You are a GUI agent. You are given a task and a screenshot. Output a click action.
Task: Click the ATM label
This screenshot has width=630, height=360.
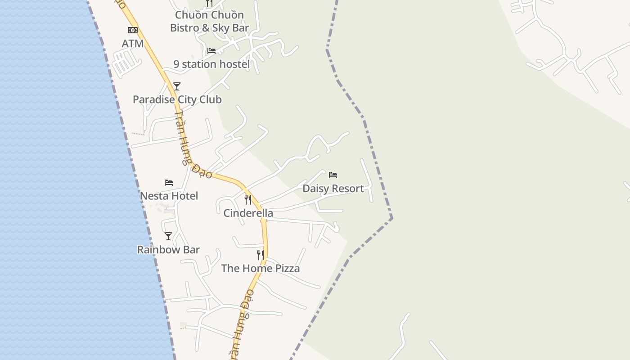(x=133, y=44)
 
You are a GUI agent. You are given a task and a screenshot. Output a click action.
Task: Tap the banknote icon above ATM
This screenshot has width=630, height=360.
(x=133, y=30)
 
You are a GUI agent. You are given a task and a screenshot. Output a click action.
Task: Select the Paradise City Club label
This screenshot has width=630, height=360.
(x=177, y=99)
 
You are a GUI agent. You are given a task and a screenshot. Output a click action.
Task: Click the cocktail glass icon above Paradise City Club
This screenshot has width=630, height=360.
(x=177, y=86)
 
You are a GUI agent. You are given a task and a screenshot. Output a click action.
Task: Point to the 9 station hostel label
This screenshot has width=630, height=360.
(x=211, y=64)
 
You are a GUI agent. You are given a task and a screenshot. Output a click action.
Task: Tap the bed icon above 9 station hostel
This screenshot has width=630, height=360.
(x=211, y=51)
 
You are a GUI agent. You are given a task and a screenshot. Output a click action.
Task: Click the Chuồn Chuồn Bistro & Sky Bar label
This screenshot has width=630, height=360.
(x=210, y=21)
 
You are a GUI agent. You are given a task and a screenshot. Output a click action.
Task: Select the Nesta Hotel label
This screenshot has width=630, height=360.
(x=169, y=196)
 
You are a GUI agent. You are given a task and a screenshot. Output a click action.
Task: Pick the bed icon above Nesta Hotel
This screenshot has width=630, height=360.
(x=169, y=182)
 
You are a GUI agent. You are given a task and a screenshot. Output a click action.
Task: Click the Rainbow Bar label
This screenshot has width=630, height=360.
(x=168, y=250)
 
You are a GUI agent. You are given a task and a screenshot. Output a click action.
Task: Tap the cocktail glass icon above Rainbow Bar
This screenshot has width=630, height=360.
(x=168, y=236)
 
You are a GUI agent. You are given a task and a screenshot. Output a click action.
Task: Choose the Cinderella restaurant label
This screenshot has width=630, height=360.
(x=248, y=213)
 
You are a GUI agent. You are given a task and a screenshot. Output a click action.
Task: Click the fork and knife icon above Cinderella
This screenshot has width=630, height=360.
(x=248, y=199)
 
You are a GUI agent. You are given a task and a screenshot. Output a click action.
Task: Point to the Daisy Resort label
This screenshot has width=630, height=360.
(x=333, y=189)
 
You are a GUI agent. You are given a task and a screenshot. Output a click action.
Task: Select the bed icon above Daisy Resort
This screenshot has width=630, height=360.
(x=333, y=175)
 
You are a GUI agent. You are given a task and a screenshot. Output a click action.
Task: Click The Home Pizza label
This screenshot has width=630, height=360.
(x=261, y=269)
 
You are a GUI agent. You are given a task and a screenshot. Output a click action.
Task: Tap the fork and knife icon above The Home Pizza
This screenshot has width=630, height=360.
(x=261, y=255)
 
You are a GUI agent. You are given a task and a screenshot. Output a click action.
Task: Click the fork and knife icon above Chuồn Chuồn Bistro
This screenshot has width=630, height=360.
(x=209, y=3)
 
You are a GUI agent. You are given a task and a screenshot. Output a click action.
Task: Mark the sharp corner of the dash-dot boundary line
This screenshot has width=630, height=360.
(x=391, y=218)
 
